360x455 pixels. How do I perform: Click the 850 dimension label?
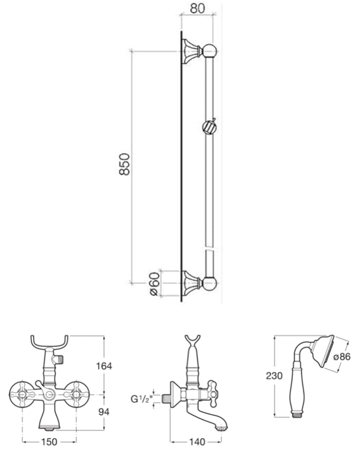click(x=124, y=164)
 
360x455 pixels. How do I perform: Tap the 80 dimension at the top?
click(x=197, y=8)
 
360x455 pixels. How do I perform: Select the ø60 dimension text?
click(x=155, y=284)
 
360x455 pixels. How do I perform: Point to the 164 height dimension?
click(x=104, y=366)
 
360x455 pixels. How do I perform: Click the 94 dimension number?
click(x=104, y=411)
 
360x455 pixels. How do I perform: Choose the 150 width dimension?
click(x=49, y=442)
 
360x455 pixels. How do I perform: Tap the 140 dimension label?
click(x=197, y=442)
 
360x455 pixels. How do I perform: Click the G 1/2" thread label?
click(x=141, y=399)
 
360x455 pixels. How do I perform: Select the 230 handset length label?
click(x=274, y=376)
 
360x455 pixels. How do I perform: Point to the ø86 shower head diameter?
click(x=342, y=357)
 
